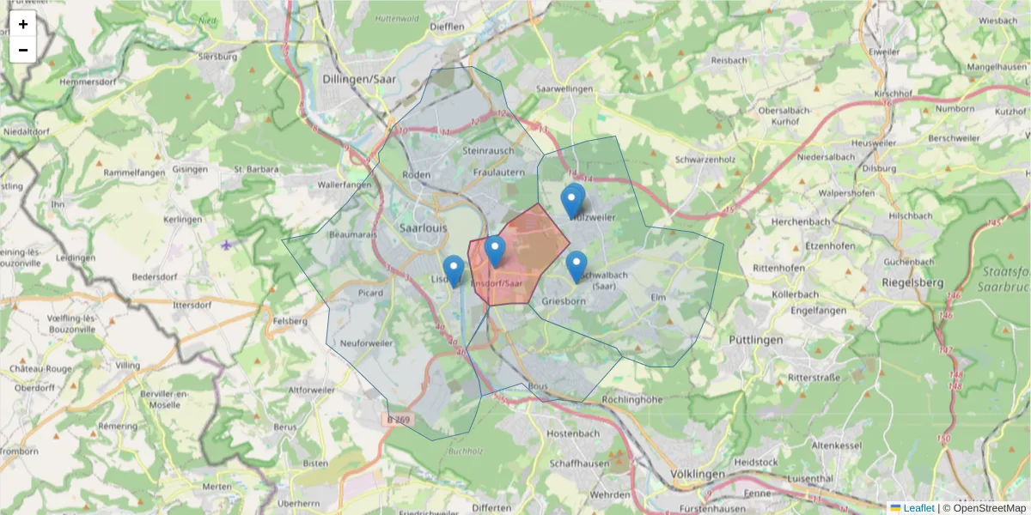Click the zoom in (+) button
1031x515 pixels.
tap(23, 24)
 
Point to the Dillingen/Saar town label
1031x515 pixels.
tap(363, 78)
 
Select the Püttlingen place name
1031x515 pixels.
tap(756, 340)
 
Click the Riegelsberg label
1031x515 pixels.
tap(912, 282)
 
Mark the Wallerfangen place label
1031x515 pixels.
tap(344, 185)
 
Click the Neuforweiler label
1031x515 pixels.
tap(366, 342)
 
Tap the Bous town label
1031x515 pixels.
tap(539, 386)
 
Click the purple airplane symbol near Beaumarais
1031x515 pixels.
tap(226, 245)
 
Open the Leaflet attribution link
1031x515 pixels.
tap(918, 508)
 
